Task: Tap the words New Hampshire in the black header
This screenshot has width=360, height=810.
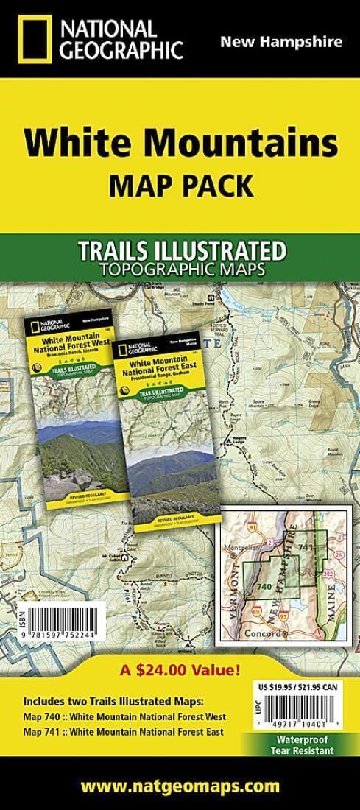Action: (280, 42)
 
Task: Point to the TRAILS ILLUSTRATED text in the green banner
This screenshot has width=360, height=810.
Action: (181, 251)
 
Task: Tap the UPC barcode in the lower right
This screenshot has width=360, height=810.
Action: (298, 711)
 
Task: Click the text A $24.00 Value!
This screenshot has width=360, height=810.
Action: (180, 671)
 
